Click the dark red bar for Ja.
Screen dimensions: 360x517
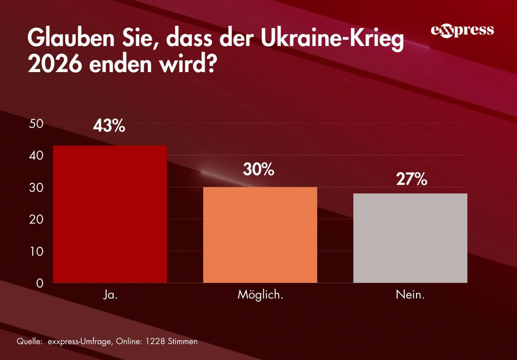coord(110,214)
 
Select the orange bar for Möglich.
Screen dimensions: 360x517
coord(260,235)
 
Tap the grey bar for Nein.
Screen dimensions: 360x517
coord(410,238)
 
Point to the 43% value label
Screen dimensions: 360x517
coord(109,126)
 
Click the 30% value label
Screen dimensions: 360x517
coord(258,169)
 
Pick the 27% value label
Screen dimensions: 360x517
coord(412,179)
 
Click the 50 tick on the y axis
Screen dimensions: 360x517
coord(37,124)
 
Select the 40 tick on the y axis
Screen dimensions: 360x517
coord(37,156)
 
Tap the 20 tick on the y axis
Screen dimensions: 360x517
coord(37,220)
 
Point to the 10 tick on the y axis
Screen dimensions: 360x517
coord(37,251)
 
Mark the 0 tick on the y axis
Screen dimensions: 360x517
coord(39,283)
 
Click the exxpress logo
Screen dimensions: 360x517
coord(462,31)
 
